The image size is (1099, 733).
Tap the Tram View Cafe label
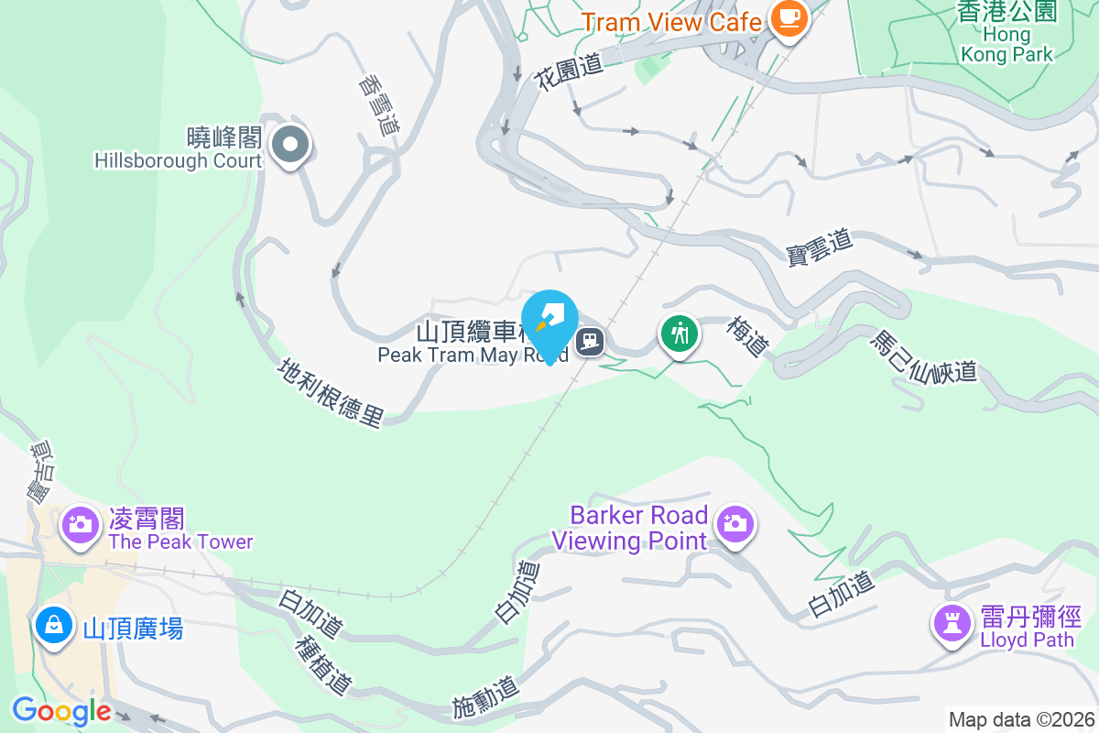(671, 22)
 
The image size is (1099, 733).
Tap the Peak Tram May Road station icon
(591, 342)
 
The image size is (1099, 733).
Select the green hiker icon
(680, 333)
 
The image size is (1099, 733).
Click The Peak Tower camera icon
(81, 524)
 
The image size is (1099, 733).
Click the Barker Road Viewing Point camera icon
(734, 523)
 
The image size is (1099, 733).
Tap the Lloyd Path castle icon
(952, 623)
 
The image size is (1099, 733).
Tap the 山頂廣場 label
(133, 629)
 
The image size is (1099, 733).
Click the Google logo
(61, 711)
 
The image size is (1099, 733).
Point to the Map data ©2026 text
(1021, 719)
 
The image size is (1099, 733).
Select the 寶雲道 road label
(820, 247)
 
